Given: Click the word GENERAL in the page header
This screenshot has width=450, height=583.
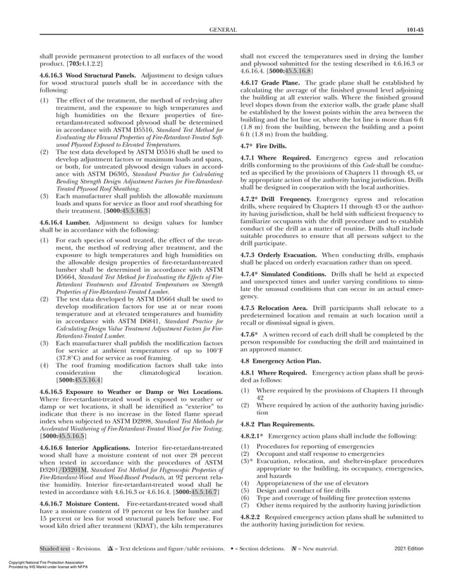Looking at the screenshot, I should coord(224,30).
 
